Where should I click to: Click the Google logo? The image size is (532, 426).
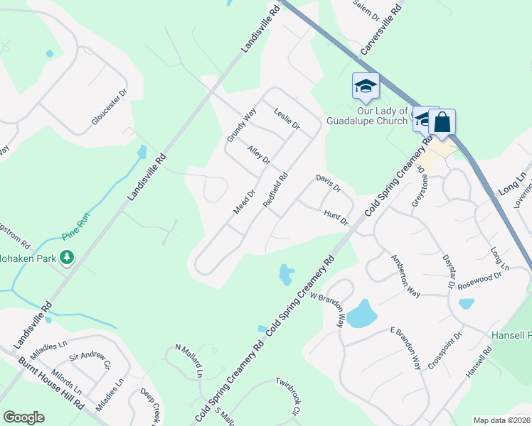(23, 417)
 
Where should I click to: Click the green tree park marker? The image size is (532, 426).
(68, 256)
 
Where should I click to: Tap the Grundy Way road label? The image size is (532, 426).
(241, 124)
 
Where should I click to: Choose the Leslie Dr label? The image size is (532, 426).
(287, 119)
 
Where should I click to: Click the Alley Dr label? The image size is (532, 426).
(259, 155)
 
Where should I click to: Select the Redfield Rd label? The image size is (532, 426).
(275, 190)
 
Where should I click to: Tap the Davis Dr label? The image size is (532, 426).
(329, 183)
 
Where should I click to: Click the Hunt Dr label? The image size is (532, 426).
(335, 217)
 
